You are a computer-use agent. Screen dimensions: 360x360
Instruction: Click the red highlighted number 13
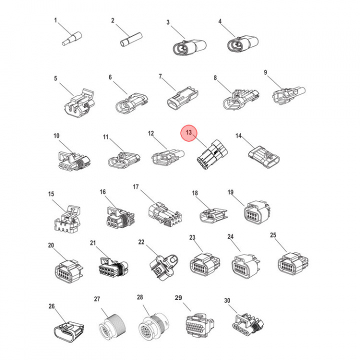click(x=188, y=132)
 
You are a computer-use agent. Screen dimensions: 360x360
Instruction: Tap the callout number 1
click(x=55, y=20)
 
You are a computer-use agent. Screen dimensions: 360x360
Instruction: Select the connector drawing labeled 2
click(x=131, y=40)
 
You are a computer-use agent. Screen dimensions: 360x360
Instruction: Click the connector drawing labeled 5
click(x=79, y=103)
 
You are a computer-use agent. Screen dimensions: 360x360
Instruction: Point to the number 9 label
click(x=265, y=72)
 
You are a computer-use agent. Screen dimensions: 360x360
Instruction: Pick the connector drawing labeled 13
click(x=212, y=154)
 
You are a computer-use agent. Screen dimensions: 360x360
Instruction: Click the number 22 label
click(x=141, y=242)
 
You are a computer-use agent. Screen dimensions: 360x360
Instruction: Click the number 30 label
click(x=227, y=300)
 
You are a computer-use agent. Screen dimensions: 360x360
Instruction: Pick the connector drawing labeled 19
click(x=256, y=212)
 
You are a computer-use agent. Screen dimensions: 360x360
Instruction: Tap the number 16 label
click(x=102, y=192)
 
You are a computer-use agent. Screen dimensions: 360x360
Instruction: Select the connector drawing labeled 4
click(x=243, y=43)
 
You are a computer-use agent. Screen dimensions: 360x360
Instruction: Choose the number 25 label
click(x=273, y=235)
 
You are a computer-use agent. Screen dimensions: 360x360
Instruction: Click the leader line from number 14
click(x=247, y=142)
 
